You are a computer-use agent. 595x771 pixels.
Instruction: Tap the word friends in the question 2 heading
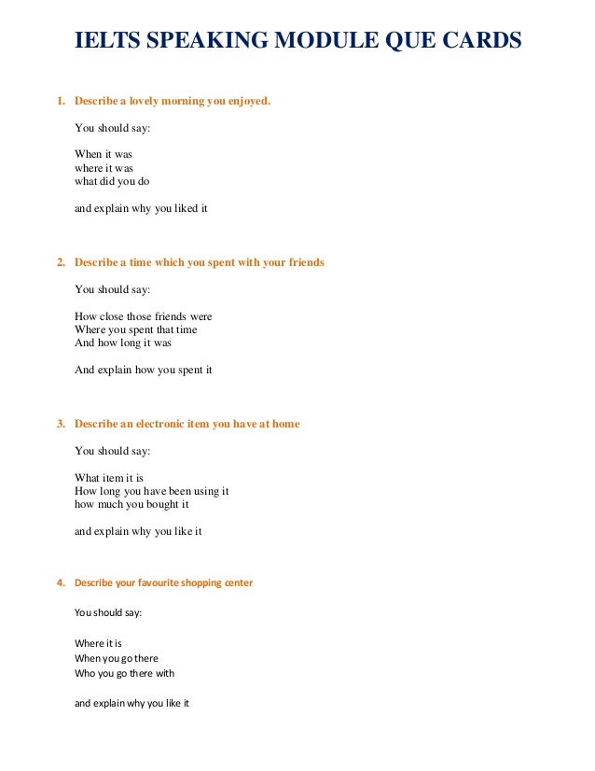tap(300, 262)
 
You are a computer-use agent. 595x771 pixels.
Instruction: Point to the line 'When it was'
tap(104, 154)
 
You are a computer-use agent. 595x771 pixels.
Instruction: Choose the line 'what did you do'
tap(112, 181)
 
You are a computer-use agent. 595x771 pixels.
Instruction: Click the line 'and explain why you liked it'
tap(141, 208)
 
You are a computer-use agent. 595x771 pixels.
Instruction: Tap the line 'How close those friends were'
tap(143, 316)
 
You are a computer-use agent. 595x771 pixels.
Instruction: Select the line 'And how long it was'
tap(122, 343)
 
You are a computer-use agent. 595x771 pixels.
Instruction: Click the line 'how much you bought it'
tap(131, 504)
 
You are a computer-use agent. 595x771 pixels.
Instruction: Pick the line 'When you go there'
tap(117, 658)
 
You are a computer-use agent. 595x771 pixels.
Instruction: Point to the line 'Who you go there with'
tap(124, 673)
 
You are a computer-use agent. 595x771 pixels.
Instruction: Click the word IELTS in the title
tap(103, 42)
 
